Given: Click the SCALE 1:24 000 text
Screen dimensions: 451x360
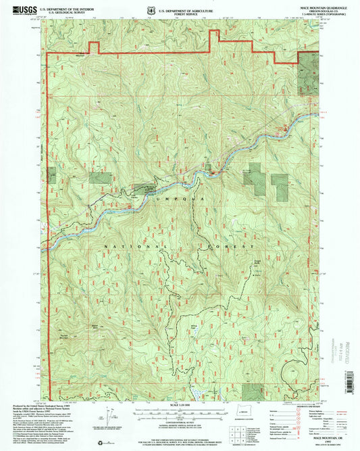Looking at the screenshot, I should (x=179, y=404).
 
